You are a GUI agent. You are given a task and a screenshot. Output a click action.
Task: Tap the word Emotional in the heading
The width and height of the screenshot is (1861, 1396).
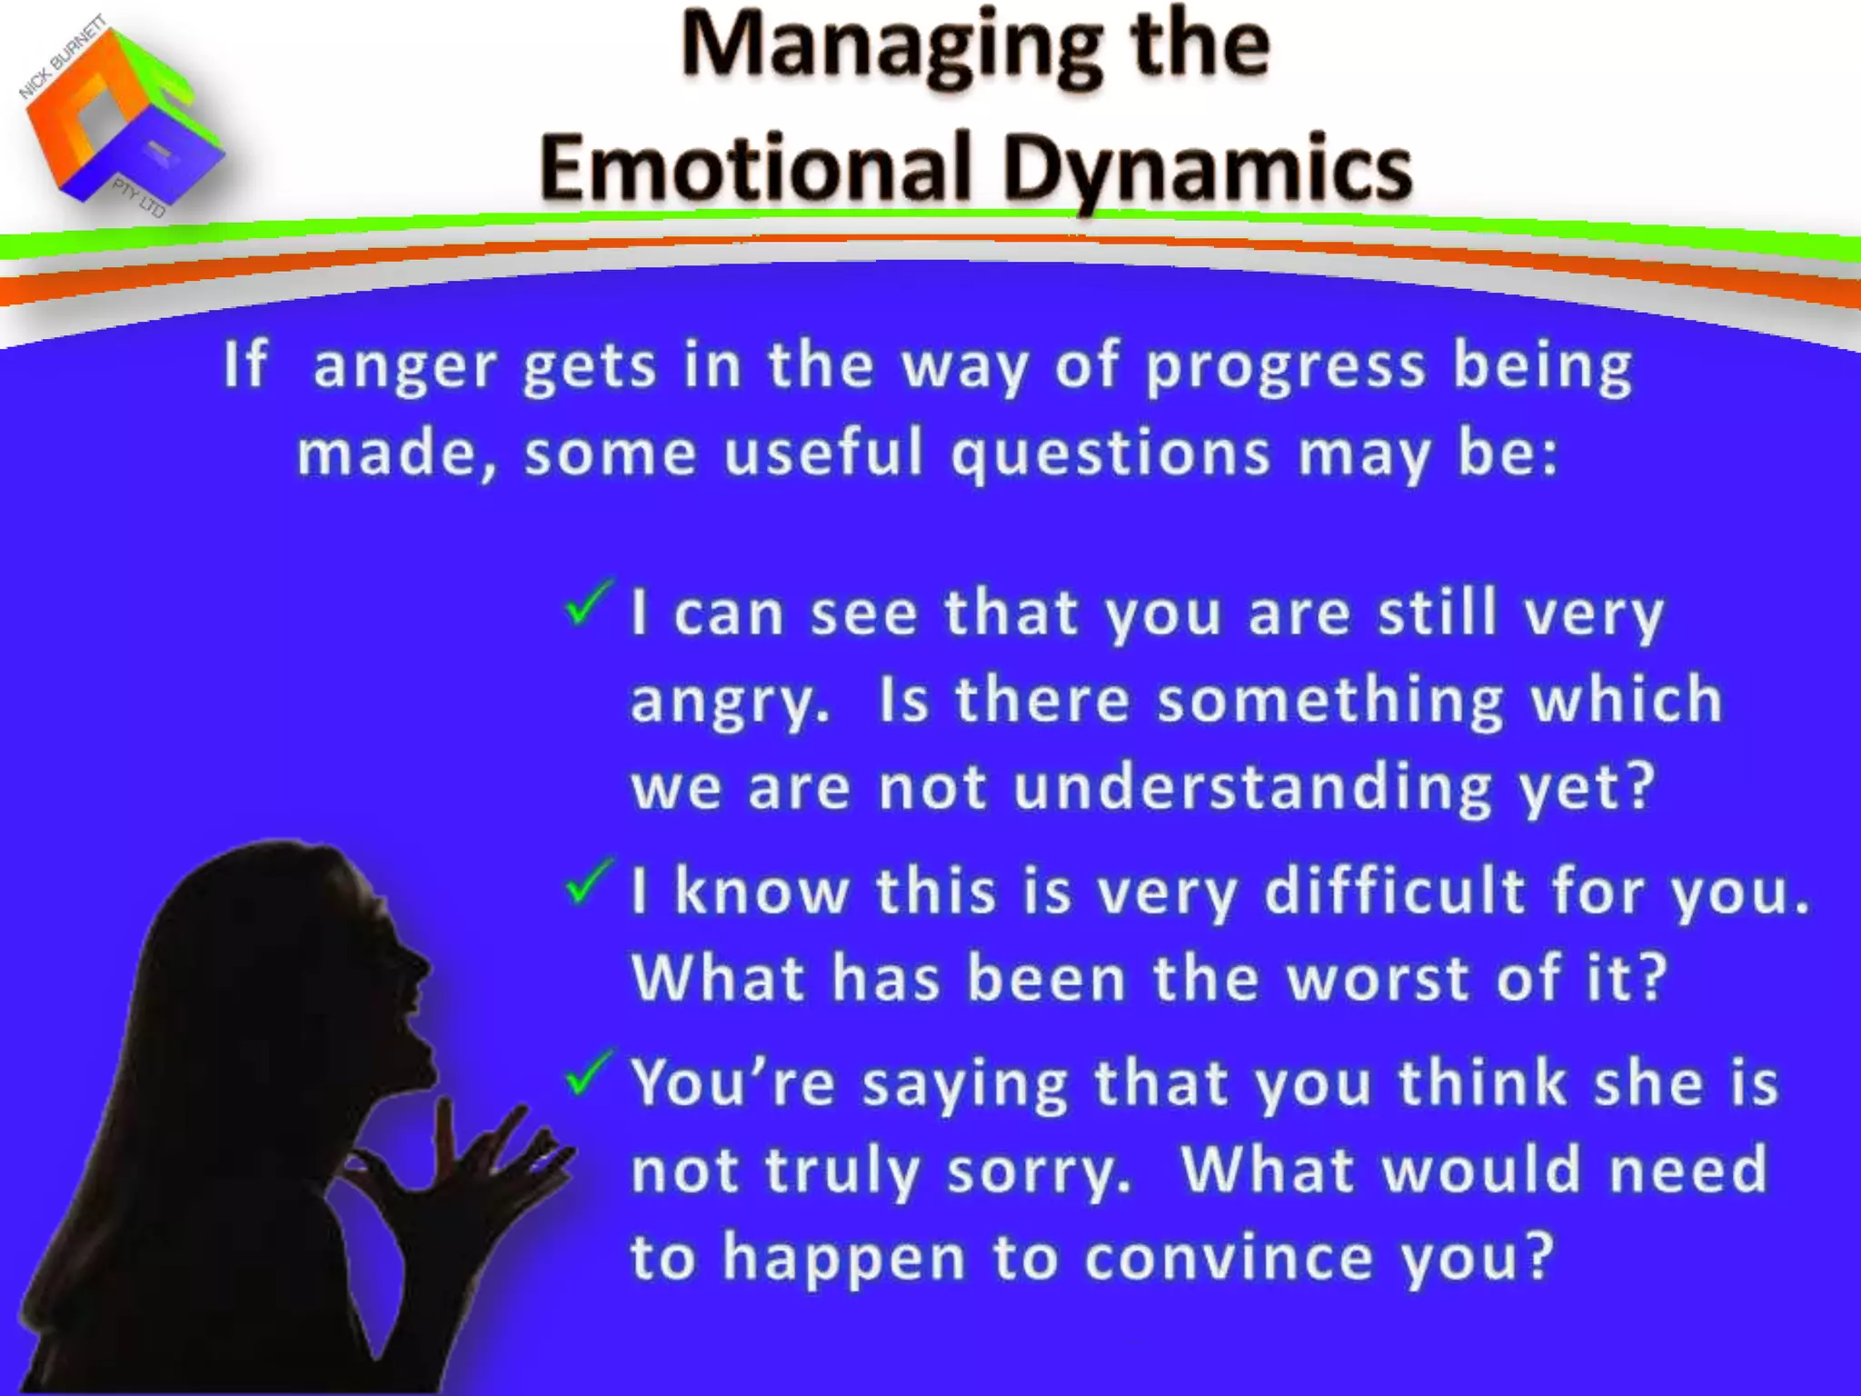755,169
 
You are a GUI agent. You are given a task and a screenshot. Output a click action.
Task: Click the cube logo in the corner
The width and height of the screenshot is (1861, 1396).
123,118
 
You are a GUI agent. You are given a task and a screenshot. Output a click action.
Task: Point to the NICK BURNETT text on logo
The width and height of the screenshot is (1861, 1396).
62,57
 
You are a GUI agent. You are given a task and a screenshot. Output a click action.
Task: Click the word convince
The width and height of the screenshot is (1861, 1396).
1229,1258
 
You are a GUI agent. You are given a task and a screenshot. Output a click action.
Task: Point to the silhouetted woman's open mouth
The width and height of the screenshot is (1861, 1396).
413,1027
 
